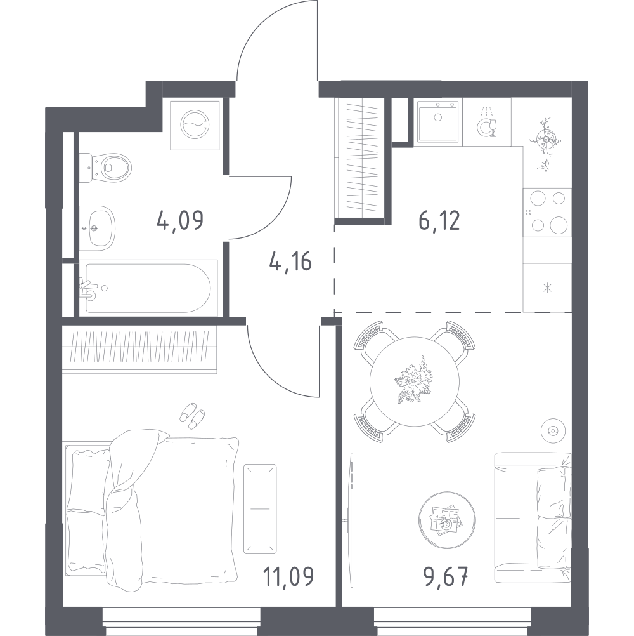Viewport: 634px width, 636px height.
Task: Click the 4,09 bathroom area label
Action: click(180, 221)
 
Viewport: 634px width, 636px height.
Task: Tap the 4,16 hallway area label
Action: click(290, 261)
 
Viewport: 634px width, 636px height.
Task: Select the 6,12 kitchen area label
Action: click(439, 221)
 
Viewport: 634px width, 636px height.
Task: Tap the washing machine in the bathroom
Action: click(195, 126)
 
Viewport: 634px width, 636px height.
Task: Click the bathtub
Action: click(148, 288)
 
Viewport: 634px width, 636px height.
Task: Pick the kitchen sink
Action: click(438, 121)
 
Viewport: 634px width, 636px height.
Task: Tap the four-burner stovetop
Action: click(547, 212)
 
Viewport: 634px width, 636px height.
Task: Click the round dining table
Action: click(415, 381)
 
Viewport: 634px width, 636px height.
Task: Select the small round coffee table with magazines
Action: click(447, 520)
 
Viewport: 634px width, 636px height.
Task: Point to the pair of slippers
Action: click(192, 416)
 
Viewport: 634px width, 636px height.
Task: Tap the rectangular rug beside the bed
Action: click(260, 509)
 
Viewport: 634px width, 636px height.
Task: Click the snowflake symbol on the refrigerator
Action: click(547, 288)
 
